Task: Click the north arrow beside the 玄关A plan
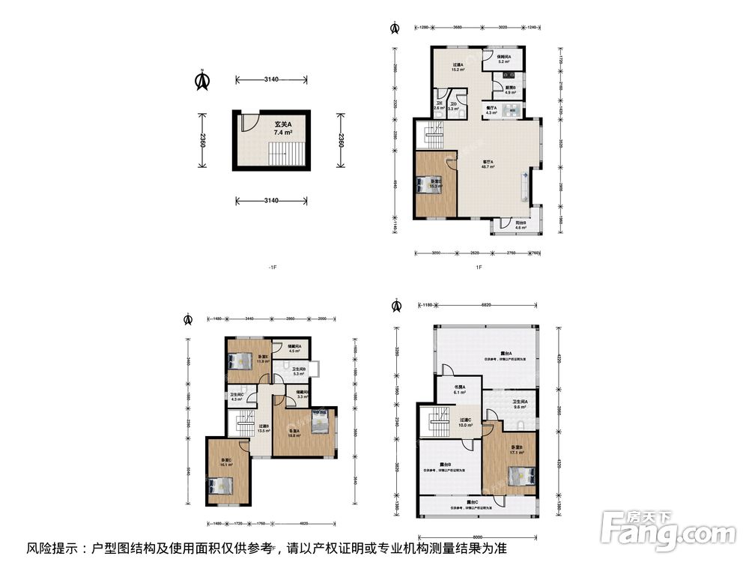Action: click(x=201, y=80)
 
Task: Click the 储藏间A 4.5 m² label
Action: click(x=294, y=348)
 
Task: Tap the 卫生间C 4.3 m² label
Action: click(x=237, y=396)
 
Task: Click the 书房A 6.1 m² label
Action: click(x=459, y=390)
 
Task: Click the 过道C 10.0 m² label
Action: click(x=465, y=423)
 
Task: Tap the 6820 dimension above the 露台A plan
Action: click(x=486, y=306)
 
